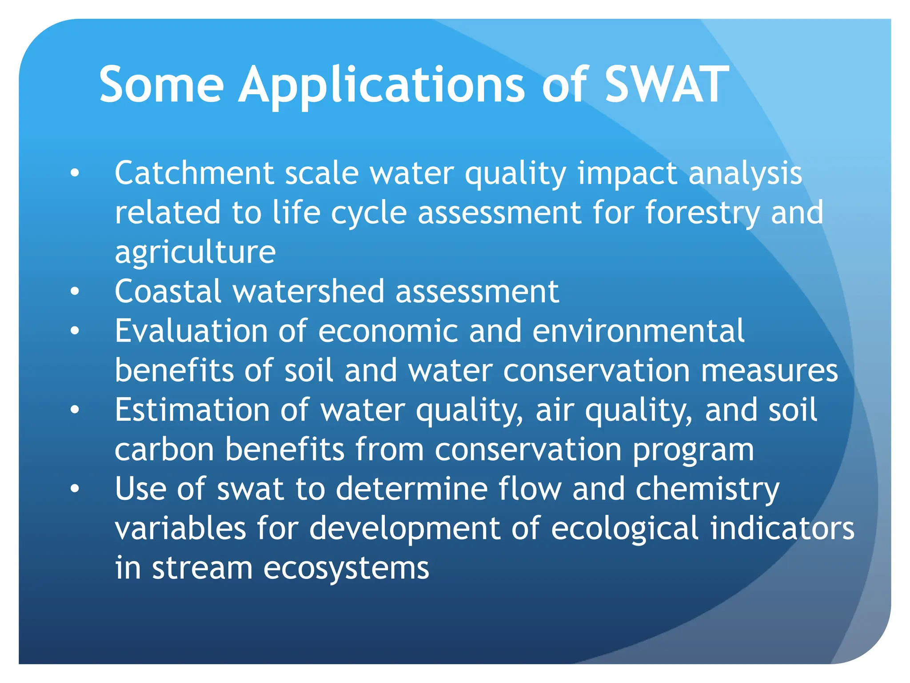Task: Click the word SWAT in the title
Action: [x=667, y=84]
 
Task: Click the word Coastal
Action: [x=168, y=292]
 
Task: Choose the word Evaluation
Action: [x=191, y=331]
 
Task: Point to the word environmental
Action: [x=638, y=331]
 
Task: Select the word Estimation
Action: [x=192, y=410]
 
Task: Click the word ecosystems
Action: [x=346, y=569]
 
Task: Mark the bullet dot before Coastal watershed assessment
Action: [x=75, y=291]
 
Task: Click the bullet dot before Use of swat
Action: [x=75, y=489]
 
